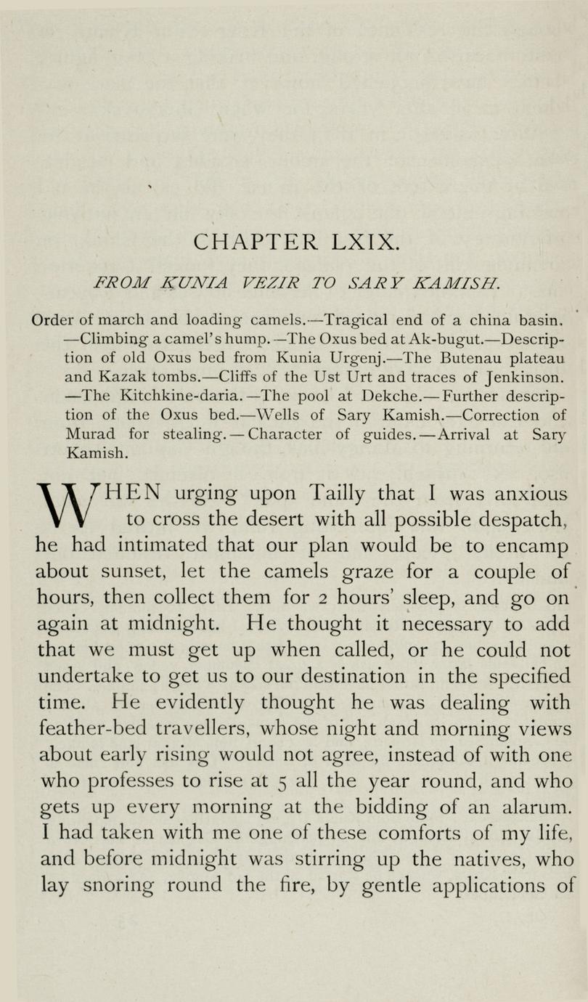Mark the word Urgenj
[352, 358]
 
